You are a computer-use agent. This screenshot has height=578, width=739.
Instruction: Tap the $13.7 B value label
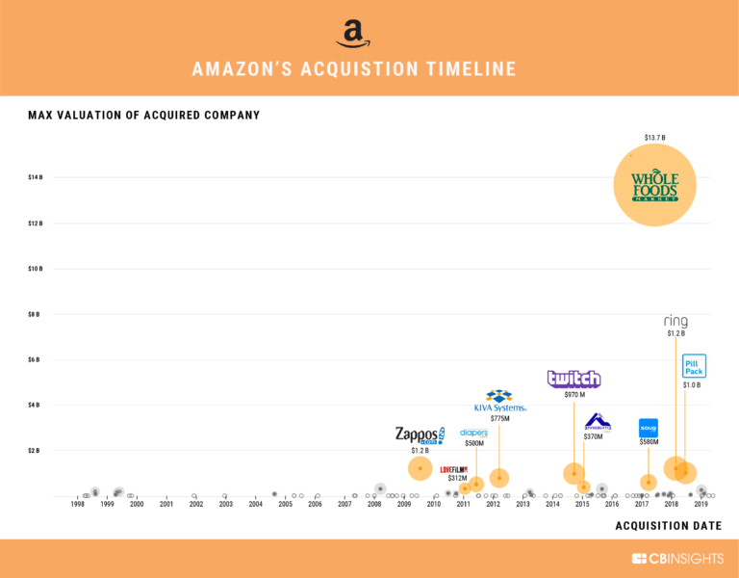pos(654,138)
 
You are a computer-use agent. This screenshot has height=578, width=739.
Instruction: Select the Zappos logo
pos(420,434)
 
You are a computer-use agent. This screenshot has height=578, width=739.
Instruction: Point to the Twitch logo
pos(573,379)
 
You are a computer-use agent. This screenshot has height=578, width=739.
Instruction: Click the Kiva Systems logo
pos(498,401)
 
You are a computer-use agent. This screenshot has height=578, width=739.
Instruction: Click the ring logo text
pos(675,321)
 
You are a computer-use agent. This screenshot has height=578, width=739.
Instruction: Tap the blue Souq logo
pos(648,428)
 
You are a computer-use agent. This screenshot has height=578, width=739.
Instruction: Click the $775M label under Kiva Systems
pos(498,418)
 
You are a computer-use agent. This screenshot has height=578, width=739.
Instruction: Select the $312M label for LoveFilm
pos(457,478)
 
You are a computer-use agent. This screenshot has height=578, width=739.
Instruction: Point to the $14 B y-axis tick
pos(34,177)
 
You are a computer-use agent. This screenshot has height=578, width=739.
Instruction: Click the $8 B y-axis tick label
pos(34,314)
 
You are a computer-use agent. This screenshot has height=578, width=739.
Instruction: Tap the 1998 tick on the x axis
pos(77,504)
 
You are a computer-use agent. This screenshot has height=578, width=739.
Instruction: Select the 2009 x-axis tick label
pos(404,504)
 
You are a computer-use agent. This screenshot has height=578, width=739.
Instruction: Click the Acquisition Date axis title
pos(668,525)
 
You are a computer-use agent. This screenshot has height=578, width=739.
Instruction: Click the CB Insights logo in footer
pos(676,559)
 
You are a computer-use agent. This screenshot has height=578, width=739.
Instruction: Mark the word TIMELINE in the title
pos(469,69)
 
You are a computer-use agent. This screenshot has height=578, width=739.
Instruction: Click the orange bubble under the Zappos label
pos(420,468)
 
